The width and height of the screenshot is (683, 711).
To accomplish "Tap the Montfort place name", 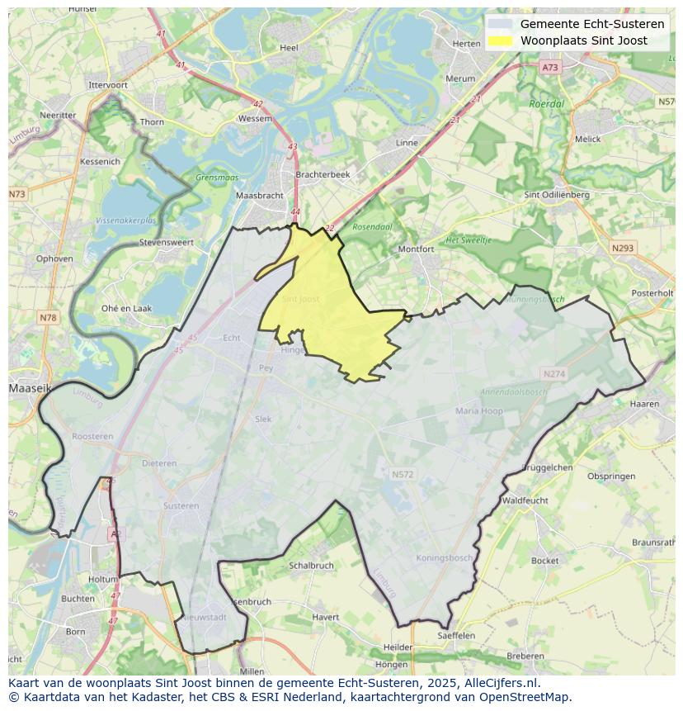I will (x=416, y=249).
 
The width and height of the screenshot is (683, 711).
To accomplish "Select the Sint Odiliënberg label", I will (x=557, y=195).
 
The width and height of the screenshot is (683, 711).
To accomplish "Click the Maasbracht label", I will (x=259, y=196).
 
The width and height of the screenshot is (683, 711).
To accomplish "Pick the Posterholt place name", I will (x=652, y=293).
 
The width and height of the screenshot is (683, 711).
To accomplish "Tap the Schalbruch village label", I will (x=311, y=566).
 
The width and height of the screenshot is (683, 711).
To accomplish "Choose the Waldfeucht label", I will (x=525, y=500).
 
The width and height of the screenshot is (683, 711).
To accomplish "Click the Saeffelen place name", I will (x=456, y=636).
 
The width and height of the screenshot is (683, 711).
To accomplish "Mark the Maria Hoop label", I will (x=478, y=411).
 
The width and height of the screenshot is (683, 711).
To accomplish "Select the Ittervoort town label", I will (x=108, y=85).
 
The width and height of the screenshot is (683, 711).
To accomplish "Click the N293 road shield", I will (x=623, y=248).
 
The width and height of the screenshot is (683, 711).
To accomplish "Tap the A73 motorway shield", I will (x=550, y=67).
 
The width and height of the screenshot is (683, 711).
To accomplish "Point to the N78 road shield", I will (x=48, y=318).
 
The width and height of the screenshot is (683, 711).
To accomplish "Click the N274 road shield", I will (x=554, y=374).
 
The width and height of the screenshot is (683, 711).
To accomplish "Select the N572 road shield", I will (x=402, y=475).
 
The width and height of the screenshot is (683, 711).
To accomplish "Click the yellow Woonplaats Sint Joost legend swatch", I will (x=499, y=40).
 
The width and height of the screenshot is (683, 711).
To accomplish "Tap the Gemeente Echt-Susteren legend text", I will (x=591, y=24).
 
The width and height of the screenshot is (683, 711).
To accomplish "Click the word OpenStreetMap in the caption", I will (x=527, y=697).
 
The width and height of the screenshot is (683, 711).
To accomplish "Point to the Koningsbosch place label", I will (x=445, y=558).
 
